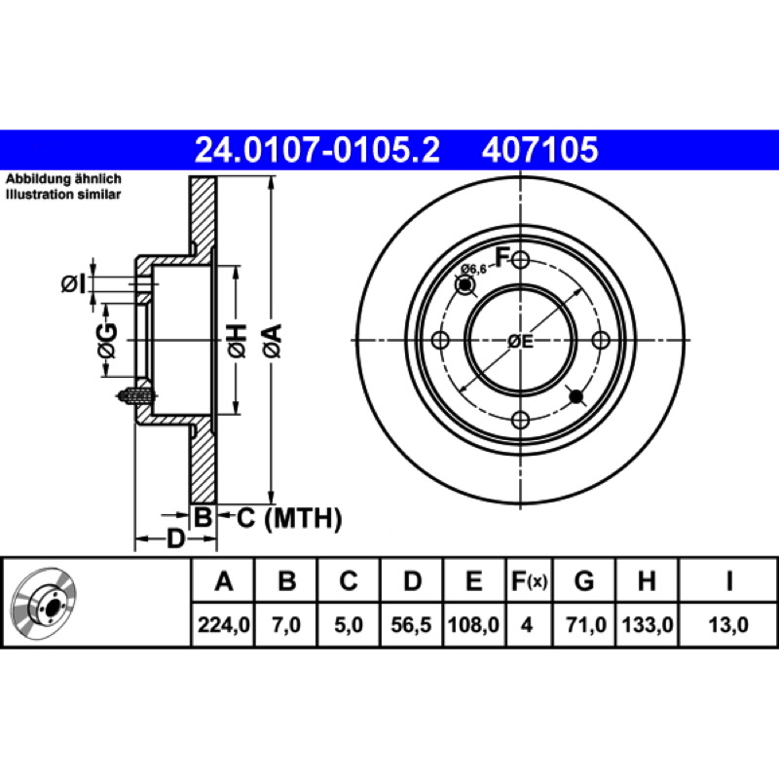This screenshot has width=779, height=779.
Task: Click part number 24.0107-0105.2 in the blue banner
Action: (317, 150)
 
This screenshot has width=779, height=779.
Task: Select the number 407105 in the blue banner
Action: (540, 150)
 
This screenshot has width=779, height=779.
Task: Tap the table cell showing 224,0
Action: (224, 624)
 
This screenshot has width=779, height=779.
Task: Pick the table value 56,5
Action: (411, 624)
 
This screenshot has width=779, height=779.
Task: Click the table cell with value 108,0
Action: (473, 624)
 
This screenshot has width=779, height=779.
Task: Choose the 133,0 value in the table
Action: (648, 624)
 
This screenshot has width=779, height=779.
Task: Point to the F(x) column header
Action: (529, 580)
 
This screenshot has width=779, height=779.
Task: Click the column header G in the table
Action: (584, 580)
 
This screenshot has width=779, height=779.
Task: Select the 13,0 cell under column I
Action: (728, 624)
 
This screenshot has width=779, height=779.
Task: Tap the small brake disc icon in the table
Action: (44, 602)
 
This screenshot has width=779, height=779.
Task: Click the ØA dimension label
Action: (273, 341)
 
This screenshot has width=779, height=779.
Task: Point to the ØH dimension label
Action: (237, 341)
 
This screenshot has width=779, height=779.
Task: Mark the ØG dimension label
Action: (107, 341)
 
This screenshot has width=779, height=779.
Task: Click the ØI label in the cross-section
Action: (74, 284)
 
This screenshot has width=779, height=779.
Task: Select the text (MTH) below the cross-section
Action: (303, 519)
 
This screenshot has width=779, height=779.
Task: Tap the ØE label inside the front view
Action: (520, 342)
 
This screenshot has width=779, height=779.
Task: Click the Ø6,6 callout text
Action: (473, 269)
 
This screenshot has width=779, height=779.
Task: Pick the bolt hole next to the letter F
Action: (520, 259)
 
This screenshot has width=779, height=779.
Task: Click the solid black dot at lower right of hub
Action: (576, 396)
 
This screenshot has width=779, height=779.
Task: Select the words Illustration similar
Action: (63, 194)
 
